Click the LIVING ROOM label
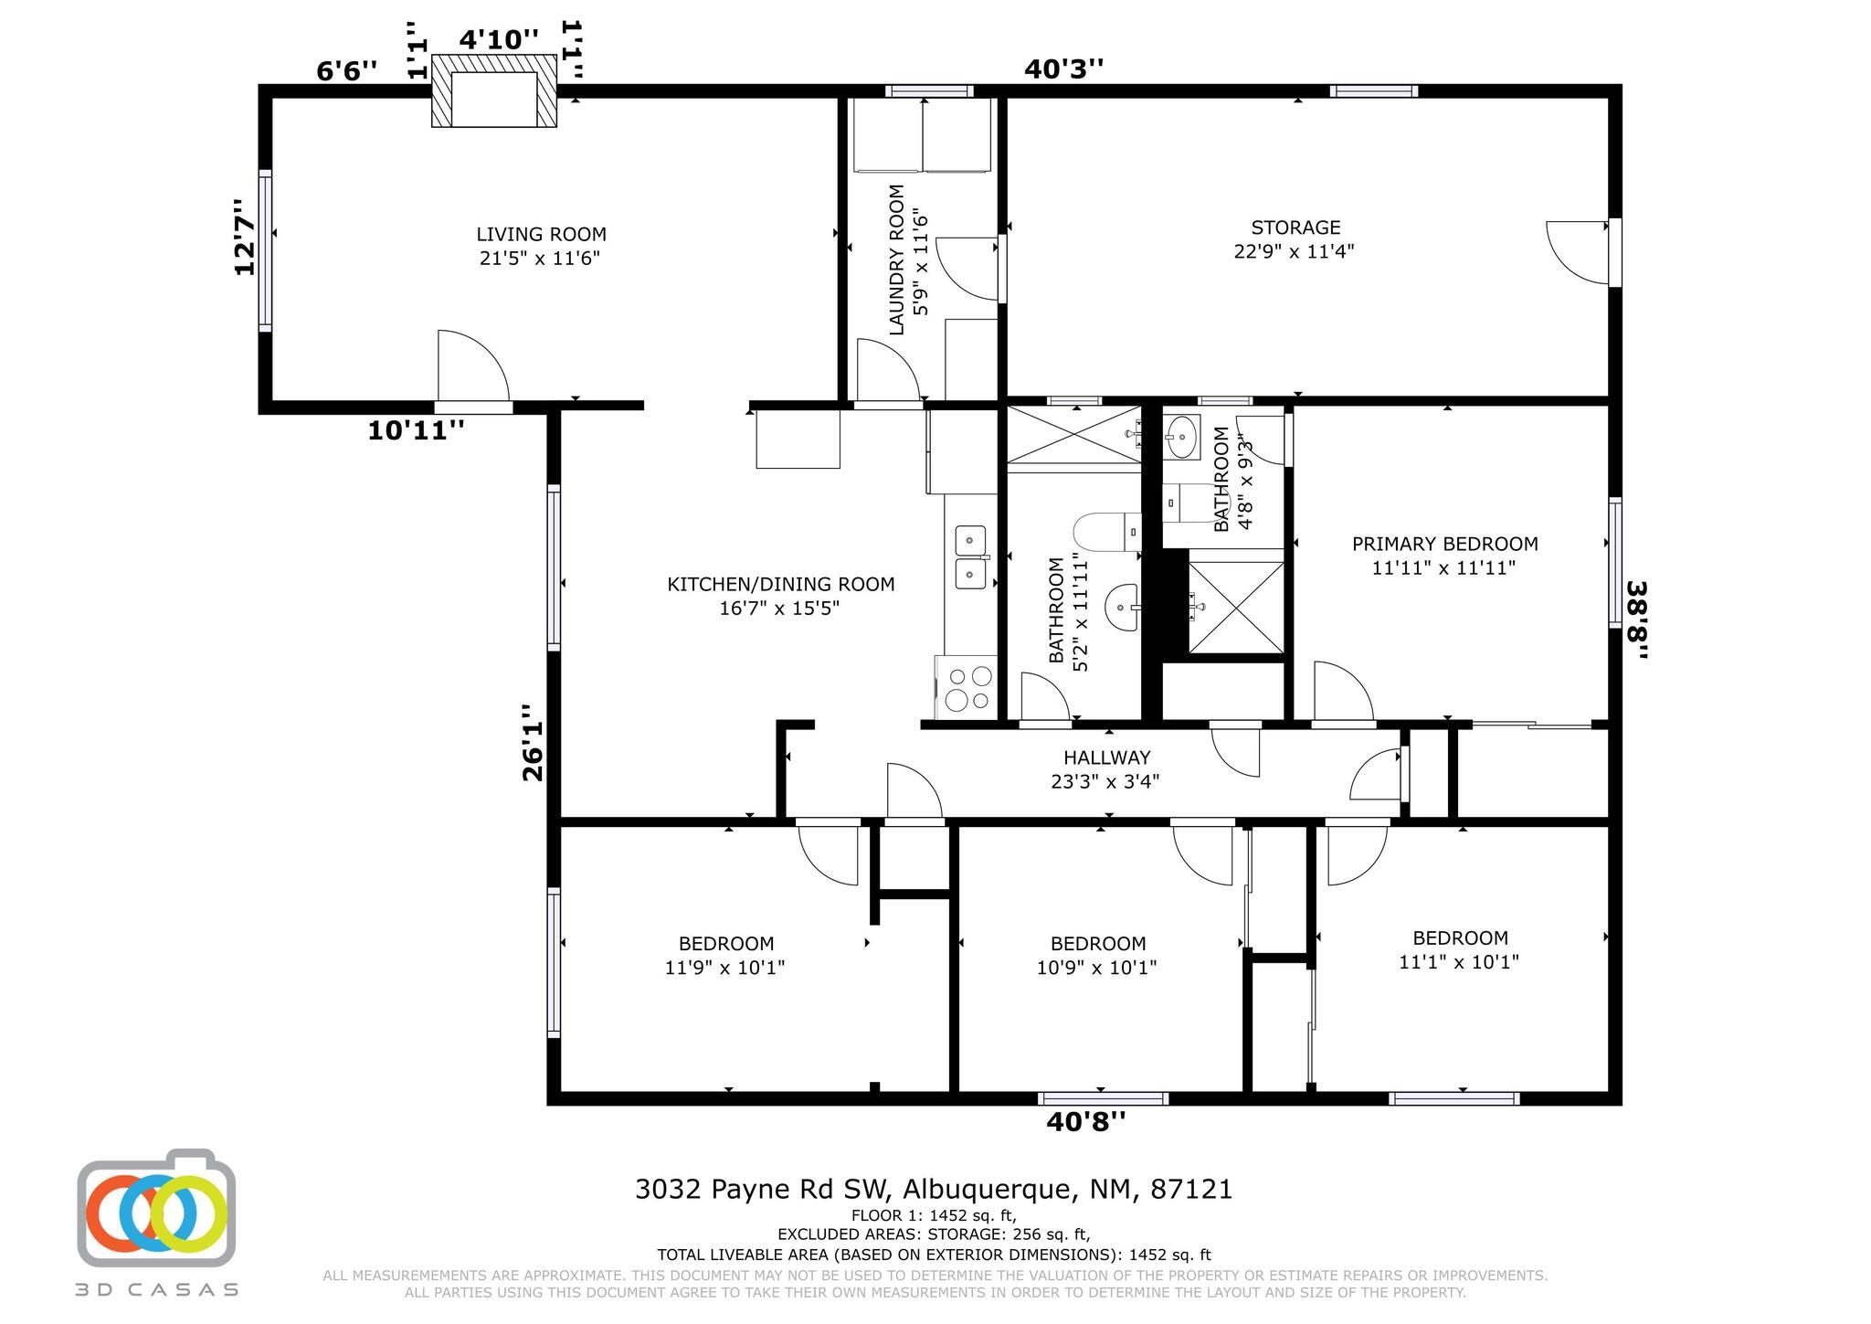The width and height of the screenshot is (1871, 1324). [541, 235]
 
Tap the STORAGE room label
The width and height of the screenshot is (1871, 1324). [1295, 228]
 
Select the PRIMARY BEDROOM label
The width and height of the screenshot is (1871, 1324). [1444, 545]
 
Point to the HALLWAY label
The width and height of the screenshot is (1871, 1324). [1106, 757]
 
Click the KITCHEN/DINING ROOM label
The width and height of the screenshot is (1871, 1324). [781, 585]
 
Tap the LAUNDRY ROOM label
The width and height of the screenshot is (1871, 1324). [896, 260]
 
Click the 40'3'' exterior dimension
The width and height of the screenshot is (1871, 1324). [1063, 69]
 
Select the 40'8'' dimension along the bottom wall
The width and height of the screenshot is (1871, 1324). [1085, 1121]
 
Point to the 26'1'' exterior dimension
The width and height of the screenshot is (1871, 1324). [533, 742]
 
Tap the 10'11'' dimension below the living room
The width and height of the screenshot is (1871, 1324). [416, 430]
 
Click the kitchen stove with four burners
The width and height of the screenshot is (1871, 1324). [966, 688]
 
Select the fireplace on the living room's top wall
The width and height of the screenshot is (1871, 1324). [493, 90]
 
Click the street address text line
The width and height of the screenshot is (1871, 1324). [934, 1190]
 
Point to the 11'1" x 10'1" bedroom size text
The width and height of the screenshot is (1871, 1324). [1459, 962]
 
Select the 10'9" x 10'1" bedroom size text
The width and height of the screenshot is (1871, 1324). [1096, 968]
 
